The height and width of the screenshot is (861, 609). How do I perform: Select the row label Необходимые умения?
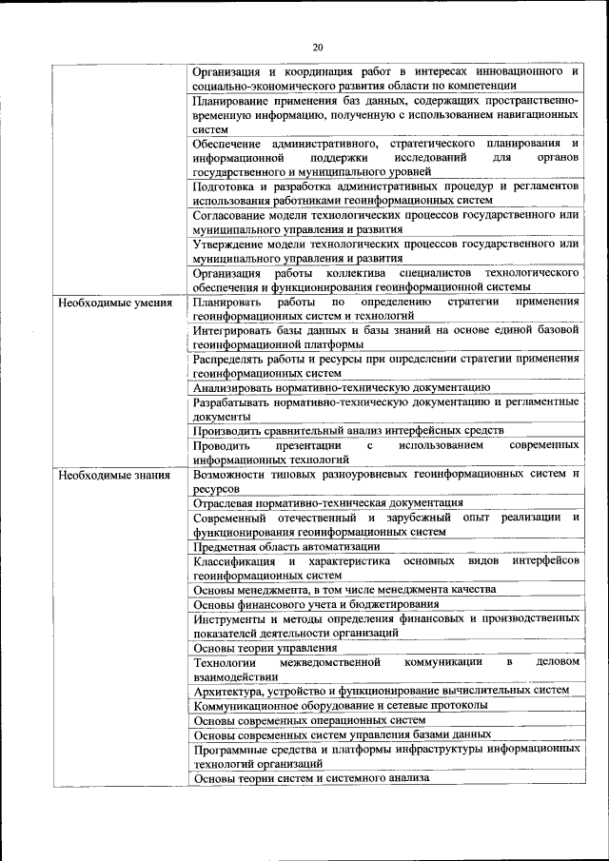[115, 303]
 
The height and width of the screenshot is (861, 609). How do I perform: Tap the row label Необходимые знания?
[114, 475]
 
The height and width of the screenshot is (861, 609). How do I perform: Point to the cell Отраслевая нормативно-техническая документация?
[328, 502]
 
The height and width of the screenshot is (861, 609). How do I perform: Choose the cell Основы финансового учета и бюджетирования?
[316, 603]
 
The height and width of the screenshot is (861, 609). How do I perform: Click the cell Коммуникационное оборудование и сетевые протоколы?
[341, 705]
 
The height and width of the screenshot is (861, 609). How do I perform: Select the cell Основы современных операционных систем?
[309, 720]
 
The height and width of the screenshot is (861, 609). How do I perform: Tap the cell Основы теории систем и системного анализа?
[312, 778]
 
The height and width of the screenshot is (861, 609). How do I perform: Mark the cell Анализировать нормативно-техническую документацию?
[342, 388]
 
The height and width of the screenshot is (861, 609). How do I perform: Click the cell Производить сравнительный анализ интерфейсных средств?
[348, 431]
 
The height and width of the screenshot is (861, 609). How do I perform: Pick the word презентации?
[308, 445]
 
